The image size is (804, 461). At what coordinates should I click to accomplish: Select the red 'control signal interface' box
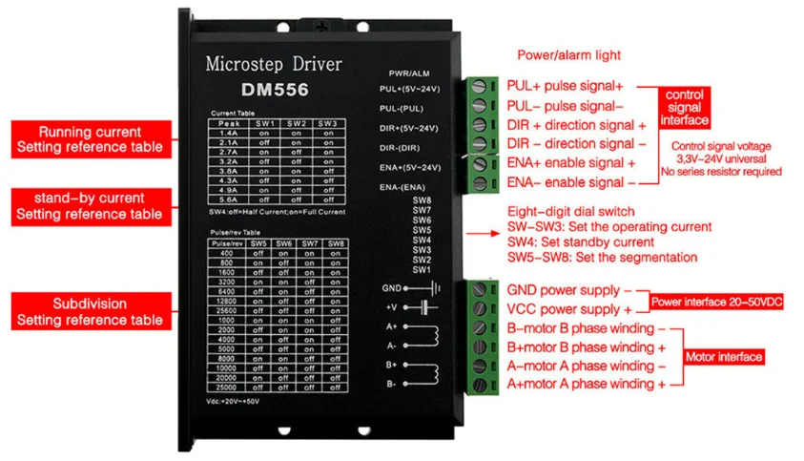[x=685, y=108]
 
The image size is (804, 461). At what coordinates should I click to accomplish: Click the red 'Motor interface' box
[x=724, y=357]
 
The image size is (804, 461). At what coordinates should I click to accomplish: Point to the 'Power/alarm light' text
[x=568, y=55]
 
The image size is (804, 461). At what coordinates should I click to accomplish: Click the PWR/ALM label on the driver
[x=409, y=73]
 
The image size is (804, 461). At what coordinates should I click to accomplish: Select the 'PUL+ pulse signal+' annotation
[x=564, y=86]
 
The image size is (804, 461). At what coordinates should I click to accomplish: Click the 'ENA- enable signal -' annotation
[x=570, y=181]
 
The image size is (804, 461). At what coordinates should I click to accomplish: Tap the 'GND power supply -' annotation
[x=568, y=290]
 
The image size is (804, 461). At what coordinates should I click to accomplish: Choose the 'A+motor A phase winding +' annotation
[x=586, y=384]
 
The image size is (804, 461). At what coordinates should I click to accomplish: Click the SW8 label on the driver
[x=422, y=199]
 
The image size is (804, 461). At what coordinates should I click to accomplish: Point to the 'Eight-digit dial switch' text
[x=570, y=211]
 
